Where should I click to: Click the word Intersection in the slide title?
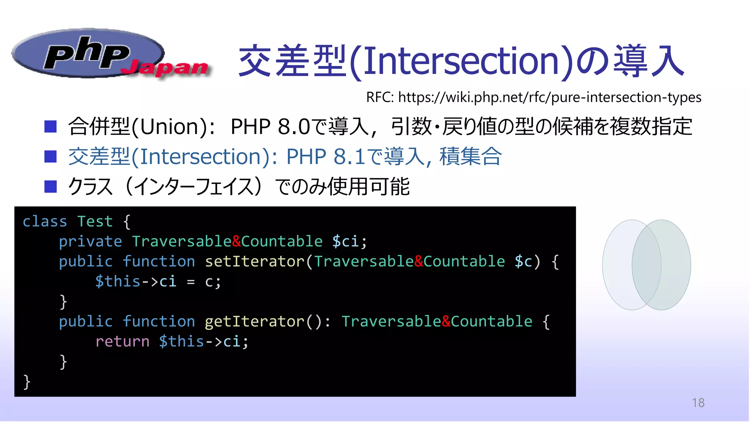461,61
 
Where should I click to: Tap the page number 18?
698,403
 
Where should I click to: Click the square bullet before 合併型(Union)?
51,127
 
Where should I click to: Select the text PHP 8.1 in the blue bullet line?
326,157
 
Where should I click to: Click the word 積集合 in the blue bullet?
470,157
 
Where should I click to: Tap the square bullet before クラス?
51,186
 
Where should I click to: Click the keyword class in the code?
45,222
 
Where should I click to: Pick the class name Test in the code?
95,222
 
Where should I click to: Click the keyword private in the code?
90,242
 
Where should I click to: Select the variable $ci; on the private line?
349,242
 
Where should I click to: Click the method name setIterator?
255,262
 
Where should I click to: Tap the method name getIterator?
255,322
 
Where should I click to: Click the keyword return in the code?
122,341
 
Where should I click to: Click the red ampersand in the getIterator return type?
446,322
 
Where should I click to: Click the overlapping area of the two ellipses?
646,265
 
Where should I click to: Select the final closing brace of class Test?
26,382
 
